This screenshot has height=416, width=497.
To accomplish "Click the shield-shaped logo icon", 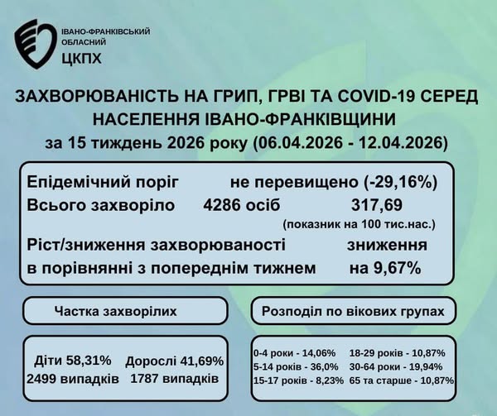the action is tap(35, 44).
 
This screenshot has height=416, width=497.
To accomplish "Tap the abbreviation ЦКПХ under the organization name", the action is tap(81, 59).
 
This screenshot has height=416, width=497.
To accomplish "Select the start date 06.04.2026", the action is tap(300, 143).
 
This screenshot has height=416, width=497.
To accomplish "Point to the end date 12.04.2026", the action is tap(400, 143).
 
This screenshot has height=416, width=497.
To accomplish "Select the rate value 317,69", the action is tap(377, 205).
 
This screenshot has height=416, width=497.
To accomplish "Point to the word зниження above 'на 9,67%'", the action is tap(387, 245).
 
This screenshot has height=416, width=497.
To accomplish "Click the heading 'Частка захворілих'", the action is tap(116, 311).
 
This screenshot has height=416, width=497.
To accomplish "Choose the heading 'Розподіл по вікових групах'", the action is tap(353, 312).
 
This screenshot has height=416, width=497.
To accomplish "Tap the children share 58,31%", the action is tap(89, 360).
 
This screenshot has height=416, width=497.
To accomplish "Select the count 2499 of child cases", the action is tap(46, 379).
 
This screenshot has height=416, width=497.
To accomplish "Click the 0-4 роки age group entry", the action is tap(294, 352).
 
